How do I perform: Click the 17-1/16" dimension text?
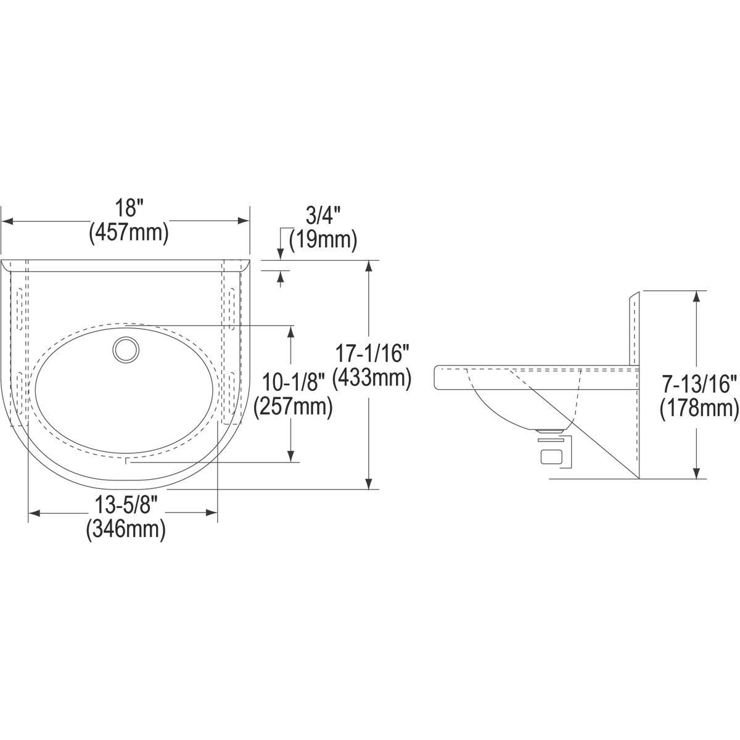372,354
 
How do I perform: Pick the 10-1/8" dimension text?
293,384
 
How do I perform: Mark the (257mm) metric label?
293,407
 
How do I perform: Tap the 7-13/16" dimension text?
699,385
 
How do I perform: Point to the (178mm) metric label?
699,408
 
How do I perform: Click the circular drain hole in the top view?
126,350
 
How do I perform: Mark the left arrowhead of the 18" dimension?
7,220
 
